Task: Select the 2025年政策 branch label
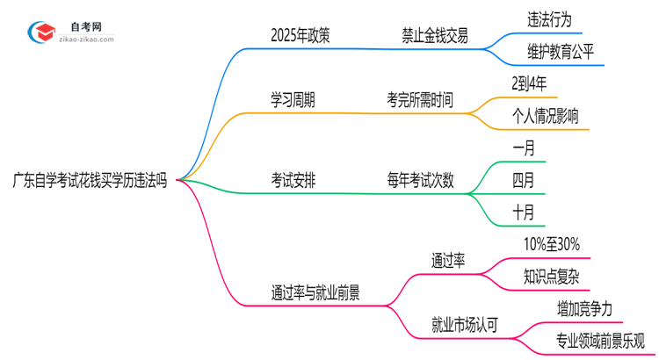pos(301,36)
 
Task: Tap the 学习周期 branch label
pos(293,100)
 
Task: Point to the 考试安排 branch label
pos(293,181)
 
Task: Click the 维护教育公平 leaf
pos(561,52)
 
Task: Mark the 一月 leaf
pos(523,149)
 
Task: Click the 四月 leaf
pos(523,181)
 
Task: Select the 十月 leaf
pos(523,212)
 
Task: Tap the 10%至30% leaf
pos(551,244)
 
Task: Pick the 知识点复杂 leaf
pos(551,277)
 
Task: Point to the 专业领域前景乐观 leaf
pos(600,341)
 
